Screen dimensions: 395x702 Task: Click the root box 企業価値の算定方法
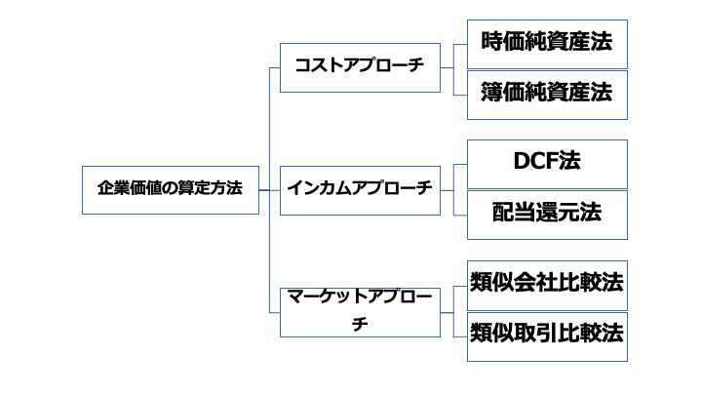(171, 189)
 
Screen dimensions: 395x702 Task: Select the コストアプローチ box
(360, 67)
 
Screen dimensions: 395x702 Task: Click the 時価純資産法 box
(547, 44)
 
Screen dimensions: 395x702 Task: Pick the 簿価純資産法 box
(547, 94)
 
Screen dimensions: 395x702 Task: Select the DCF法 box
(547, 163)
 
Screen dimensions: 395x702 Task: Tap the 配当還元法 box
(547, 214)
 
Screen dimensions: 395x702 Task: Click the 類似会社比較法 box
(547, 284)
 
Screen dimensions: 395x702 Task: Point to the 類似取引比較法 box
(547, 336)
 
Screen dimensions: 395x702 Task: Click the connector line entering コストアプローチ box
(274, 67)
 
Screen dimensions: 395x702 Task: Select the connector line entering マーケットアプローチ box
(274, 312)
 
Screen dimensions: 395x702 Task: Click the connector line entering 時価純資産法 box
(460, 44)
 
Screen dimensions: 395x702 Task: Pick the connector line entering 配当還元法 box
(460, 214)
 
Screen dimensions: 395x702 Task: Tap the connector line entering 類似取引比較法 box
(460, 336)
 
